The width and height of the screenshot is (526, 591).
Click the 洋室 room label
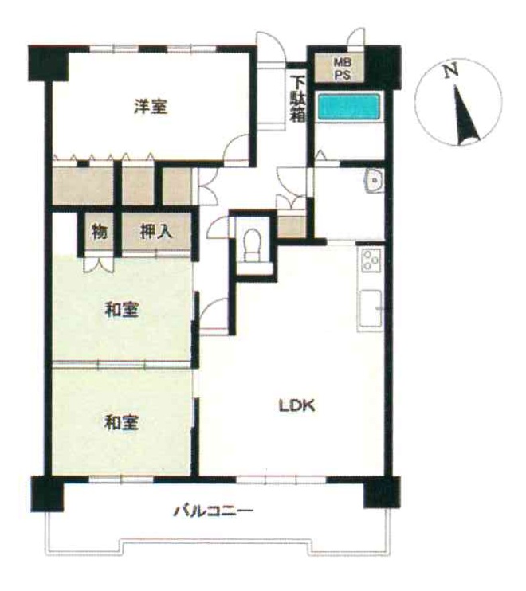pyautogui.click(x=151, y=106)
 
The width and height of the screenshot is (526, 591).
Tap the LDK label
pyautogui.click(x=296, y=405)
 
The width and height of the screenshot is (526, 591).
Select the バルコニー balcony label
pyautogui.click(x=213, y=511)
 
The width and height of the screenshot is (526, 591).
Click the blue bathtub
pyautogui.click(x=349, y=107)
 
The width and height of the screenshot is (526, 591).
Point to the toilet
pyautogui.click(x=253, y=245)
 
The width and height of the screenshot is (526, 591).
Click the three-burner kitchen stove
pyautogui.click(x=371, y=260)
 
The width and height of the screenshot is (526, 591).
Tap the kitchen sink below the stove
pyautogui.click(x=371, y=309)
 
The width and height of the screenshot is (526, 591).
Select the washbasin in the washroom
pyautogui.click(x=374, y=181)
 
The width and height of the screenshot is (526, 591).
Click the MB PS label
pyautogui.click(x=343, y=68)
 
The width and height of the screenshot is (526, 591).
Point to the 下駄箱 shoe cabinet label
pyautogui.click(x=297, y=99)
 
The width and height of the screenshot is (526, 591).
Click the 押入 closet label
pyautogui.click(x=156, y=231)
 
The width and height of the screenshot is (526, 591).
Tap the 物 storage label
pyautogui.click(x=100, y=231)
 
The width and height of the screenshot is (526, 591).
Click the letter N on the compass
pyautogui.click(x=450, y=70)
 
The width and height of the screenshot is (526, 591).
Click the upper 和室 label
pyautogui.click(x=121, y=310)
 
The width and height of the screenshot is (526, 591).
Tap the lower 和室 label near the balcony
pyautogui.click(x=121, y=422)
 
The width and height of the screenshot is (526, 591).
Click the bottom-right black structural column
pyautogui.click(x=382, y=492)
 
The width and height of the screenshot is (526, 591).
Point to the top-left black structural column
pyautogui.click(x=49, y=63)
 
